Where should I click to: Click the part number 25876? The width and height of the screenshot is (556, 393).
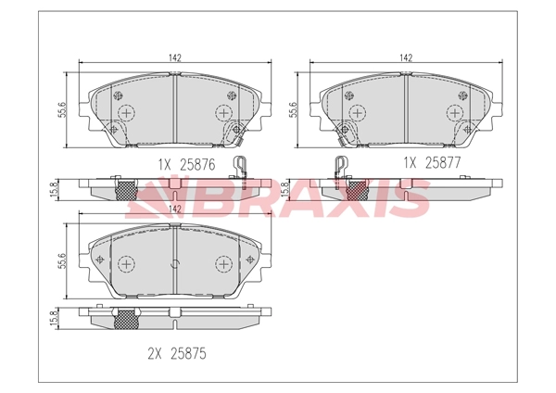point(197,164)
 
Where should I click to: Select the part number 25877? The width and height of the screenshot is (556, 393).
point(443,162)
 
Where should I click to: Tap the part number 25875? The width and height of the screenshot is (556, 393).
point(188,354)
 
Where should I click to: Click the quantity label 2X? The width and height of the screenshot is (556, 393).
point(155,354)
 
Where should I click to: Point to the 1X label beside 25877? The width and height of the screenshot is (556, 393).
point(411,163)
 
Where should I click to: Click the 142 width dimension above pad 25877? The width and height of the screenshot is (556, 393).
point(406,57)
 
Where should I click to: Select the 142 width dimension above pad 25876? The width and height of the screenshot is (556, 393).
point(175,57)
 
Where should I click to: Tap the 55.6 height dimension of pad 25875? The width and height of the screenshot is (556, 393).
point(62,260)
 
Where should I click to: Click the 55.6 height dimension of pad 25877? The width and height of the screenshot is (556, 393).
point(293,110)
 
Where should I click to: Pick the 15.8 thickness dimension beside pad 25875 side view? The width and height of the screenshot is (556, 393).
point(54,319)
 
